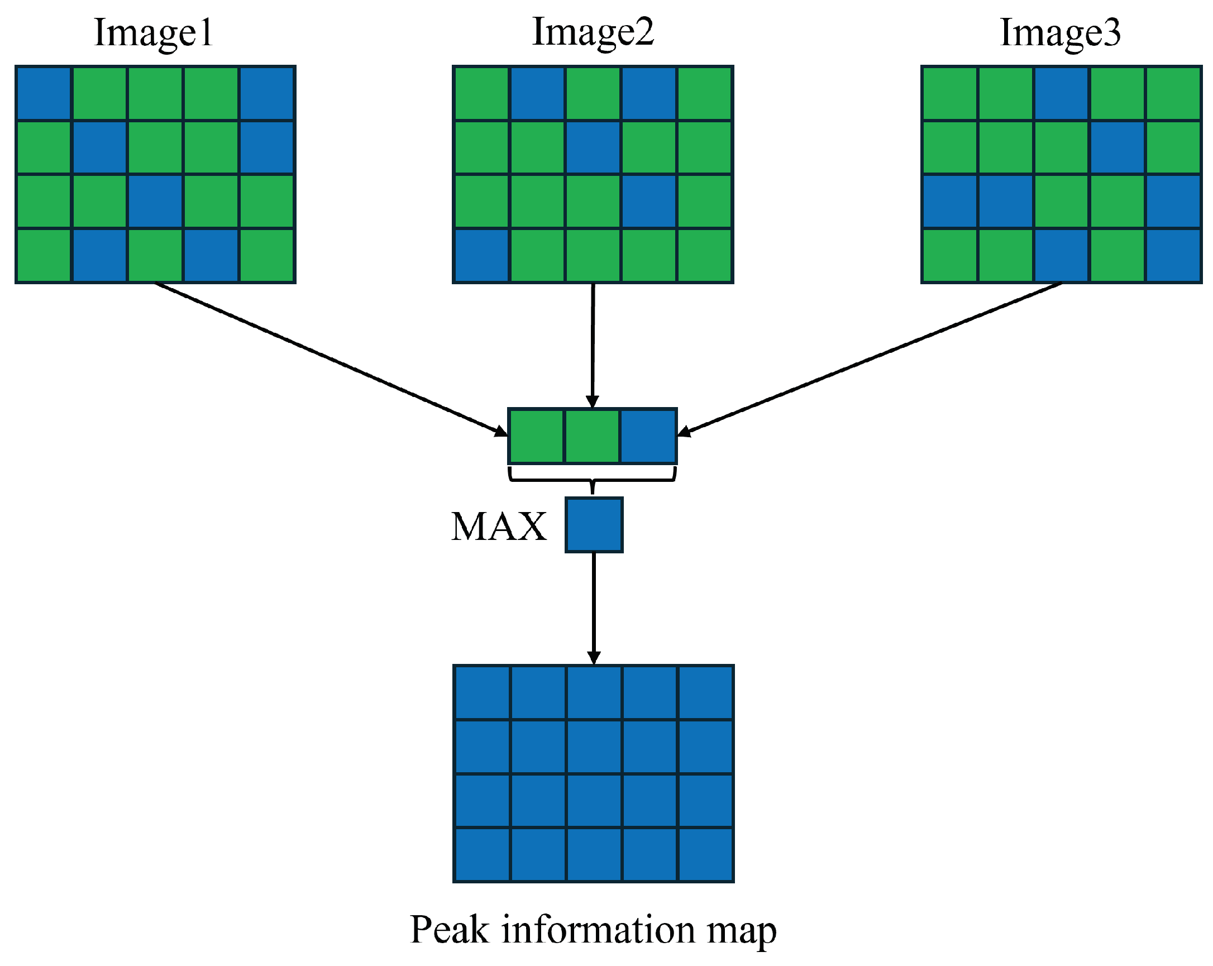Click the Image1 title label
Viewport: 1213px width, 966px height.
[153, 32]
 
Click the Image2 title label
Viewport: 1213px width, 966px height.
[593, 32]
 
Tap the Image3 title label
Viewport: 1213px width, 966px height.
[1060, 32]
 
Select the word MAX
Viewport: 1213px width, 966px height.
[499, 527]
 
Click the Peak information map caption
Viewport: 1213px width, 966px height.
[593, 930]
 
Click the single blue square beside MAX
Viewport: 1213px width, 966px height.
[594, 525]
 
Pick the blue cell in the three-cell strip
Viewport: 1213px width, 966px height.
[648, 436]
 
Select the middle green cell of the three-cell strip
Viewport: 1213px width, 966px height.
[592, 436]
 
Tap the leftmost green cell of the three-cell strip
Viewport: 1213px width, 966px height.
[536, 436]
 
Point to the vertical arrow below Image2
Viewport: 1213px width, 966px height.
[593, 343]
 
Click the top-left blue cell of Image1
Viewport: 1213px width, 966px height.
[44, 93]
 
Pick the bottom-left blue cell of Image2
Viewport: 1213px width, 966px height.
[481, 255]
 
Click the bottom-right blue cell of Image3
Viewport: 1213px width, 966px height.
[1173, 255]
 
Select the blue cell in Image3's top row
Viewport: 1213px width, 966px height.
[1061, 93]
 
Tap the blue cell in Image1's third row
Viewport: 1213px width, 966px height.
[155, 202]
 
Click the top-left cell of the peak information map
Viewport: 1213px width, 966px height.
[482, 692]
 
